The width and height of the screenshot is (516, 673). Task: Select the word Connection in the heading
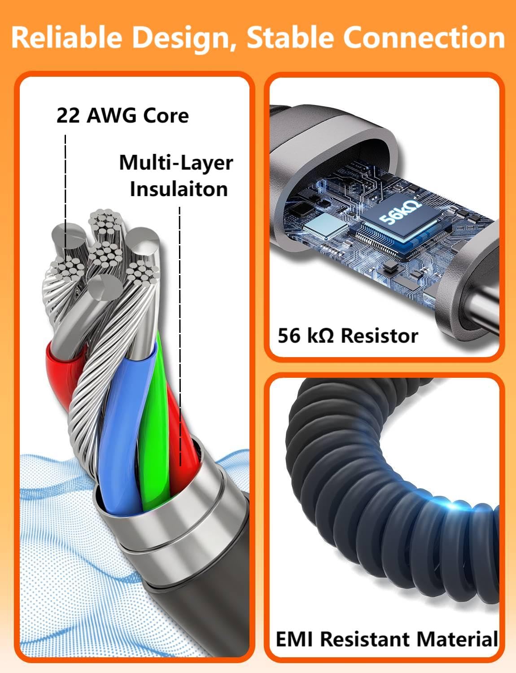pyautogui.click(x=424, y=38)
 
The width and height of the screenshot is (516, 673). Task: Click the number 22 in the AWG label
pyautogui.click(x=68, y=116)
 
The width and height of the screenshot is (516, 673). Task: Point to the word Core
pyautogui.click(x=166, y=116)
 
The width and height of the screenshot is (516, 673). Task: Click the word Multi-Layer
pyautogui.click(x=176, y=162)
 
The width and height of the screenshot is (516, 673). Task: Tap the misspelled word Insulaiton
pyautogui.click(x=179, y=189)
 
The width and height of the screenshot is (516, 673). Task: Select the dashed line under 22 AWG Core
pyautogui.click(x=66, y=188)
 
